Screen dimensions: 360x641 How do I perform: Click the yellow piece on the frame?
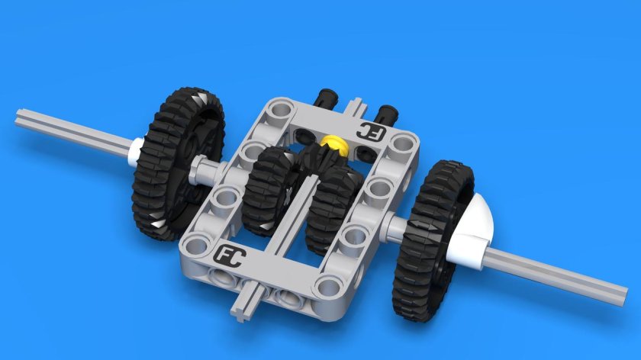(x=333, y=142)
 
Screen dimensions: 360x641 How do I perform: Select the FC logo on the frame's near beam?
(x=229, y=256)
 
